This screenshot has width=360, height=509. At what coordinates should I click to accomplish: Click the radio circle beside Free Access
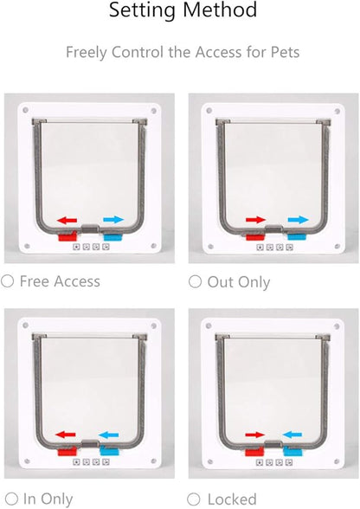[x=7, y=281]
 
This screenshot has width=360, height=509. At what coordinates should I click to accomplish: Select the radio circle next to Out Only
[x=195, y=281]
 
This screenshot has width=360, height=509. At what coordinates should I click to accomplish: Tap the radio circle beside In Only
[x=11, y=499]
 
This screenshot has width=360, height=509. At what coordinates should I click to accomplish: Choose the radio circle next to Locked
[x=194, y=499]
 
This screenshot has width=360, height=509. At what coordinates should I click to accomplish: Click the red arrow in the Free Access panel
[x=67, y=221]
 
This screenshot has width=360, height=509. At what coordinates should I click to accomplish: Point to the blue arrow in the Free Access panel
[x=113, y=220]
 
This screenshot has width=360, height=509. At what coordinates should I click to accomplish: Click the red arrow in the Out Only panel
[x=256, y=220]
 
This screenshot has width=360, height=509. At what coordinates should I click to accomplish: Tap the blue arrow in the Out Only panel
[x=299, y=220]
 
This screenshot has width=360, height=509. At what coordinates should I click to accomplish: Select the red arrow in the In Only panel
[x=66, y=435]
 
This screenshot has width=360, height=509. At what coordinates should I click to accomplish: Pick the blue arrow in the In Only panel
[x=108, y=435]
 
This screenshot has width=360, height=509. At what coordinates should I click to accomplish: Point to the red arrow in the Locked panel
[x=255, y=435]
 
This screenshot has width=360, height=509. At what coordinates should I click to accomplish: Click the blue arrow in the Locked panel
[x=292, y=435]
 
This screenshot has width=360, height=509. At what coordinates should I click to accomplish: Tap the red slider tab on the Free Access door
[x=67, y=236]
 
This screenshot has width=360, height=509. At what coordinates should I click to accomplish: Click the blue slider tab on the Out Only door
[x=297, y=236]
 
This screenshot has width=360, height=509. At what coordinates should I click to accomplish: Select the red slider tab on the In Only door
[x=67, y=451]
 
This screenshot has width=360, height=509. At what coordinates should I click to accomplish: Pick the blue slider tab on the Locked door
[x=292, y=451]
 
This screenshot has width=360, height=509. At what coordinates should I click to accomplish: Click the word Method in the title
[x=220, y=10]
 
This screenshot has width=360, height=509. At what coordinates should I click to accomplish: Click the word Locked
[x=232, y=499]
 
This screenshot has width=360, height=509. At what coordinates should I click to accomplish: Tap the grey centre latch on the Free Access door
[x=90, y=229]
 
